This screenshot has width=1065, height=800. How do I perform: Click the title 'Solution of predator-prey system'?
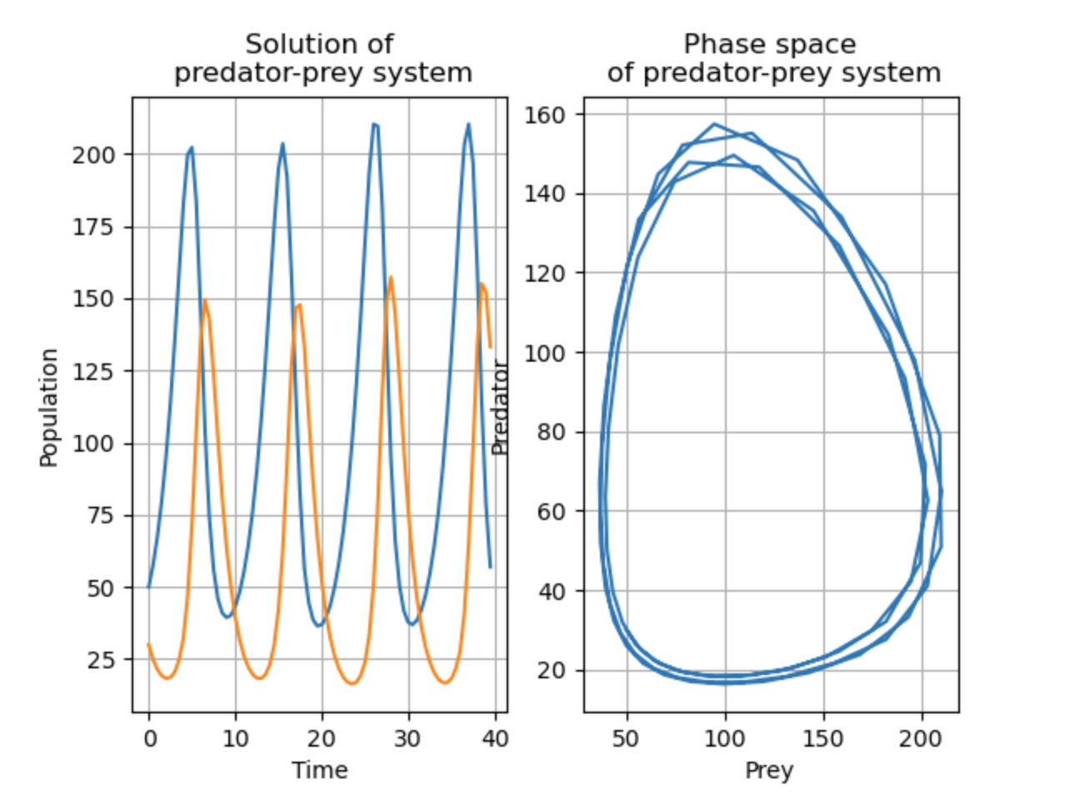coord(322,58)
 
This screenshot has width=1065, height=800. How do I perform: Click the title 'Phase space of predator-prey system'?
coord(773,58)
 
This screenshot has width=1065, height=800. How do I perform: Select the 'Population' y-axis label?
coord(49,407)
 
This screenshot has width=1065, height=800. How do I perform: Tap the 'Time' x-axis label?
coord(319,770)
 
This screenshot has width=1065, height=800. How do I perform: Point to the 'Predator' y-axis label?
coord(500,407)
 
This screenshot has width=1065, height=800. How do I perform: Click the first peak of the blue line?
coord(192,148)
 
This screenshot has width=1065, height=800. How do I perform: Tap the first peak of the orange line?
coord(204,301)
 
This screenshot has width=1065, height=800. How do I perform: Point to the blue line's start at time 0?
coord(149,587)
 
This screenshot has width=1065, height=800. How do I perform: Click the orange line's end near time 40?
coord(491,347)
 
